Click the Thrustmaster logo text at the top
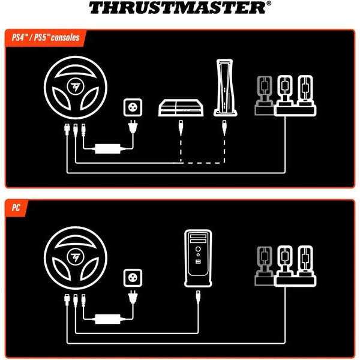179,8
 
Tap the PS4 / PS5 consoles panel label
45,37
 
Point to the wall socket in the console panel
131,109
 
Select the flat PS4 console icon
181,109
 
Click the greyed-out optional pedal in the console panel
264,96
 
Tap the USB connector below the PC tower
198,296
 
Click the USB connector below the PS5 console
223,127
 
